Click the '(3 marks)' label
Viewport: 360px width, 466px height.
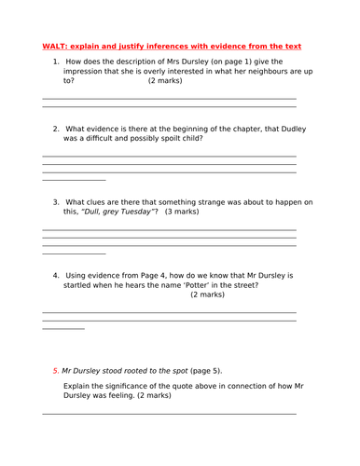pyautogui.click(x=180, y=212)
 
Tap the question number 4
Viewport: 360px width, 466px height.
pyautogui.click(x=56, y=276)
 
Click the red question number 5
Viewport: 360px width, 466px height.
pyautogui.click(x=56, y=370)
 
